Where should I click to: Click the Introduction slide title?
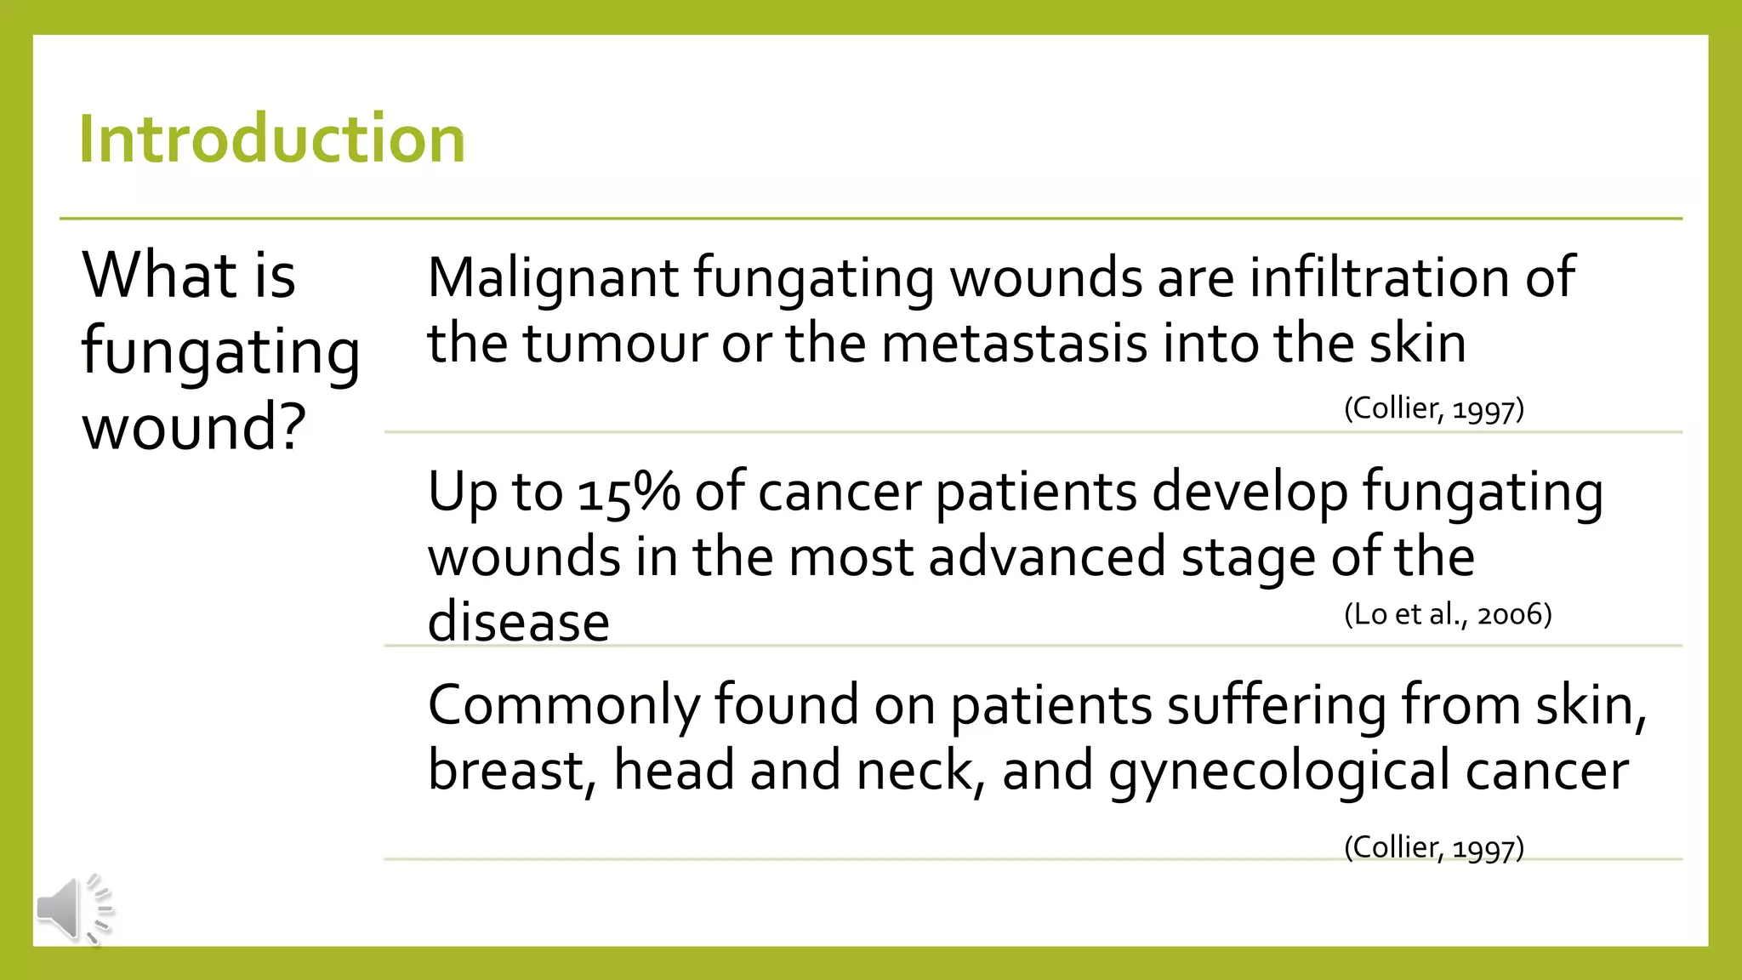(x=272, y=139)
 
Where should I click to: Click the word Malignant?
(x=553, y=278)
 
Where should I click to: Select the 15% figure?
(x=629, y=493)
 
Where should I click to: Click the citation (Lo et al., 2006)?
(x=1448, y=614)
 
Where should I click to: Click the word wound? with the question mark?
(x=194, y=427)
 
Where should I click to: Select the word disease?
(x=518, y=622)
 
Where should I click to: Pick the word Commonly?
(x=563, y=706)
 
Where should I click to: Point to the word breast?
(x=505, y=771)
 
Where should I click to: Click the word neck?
(x=914, y=771)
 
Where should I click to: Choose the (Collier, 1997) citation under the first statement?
(x=1434, y=409)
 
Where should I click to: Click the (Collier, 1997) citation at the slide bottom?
(x=1434, y=847)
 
